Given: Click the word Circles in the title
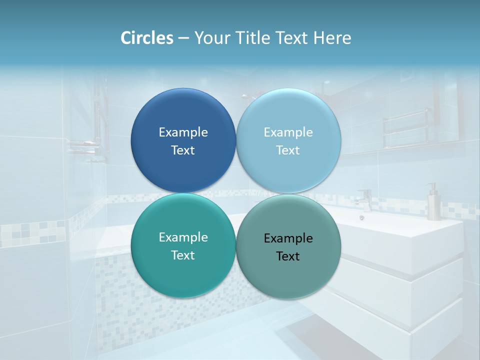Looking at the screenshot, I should (147, 37).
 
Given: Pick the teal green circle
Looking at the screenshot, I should (183, 275).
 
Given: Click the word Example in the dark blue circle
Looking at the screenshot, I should (183, 132).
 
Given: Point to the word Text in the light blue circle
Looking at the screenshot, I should (288, 150).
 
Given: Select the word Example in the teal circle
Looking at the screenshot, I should (183, 237).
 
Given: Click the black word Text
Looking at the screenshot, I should (288, 256).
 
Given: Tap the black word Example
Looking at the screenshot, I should (288, 238).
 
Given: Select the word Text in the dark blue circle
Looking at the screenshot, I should (183, 150).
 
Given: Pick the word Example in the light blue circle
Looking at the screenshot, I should (288, 132).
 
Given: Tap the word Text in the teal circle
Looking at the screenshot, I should (183, 255).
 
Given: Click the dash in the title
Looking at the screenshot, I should (183, 38).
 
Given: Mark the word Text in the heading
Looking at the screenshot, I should (292, 37).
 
